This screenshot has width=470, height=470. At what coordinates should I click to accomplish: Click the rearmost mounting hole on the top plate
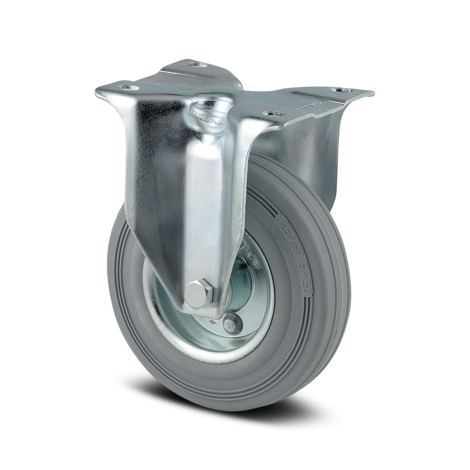tap(194, 64)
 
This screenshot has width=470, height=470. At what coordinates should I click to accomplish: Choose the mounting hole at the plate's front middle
tap(269, 113)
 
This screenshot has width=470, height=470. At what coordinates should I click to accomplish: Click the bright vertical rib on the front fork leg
tap(207, 211)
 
